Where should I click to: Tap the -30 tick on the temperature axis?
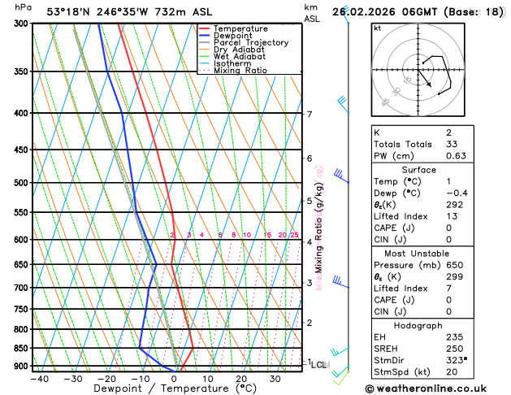coord(72,378)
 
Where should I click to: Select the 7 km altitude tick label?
coord(310,114)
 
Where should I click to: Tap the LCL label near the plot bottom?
coord(318,365)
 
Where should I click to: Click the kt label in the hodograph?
coord(378,28)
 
